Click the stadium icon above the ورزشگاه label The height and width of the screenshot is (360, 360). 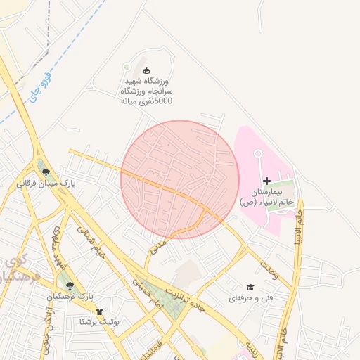click(x=147, y=70)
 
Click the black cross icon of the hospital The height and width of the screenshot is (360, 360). click(x=266, y=181)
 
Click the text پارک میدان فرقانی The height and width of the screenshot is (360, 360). click(x=46, y=184)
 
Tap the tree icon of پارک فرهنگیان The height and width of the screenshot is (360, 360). click(x=69, y=285)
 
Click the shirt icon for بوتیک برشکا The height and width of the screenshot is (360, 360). click(x=98, y=311)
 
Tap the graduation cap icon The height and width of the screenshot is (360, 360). click(x=250, y=288)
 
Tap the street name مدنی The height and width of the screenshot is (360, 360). click(x=158, y=245)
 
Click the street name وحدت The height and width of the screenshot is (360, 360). click(x=269, y=272)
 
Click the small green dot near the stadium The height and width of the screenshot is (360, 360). click(x=127, y=67)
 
